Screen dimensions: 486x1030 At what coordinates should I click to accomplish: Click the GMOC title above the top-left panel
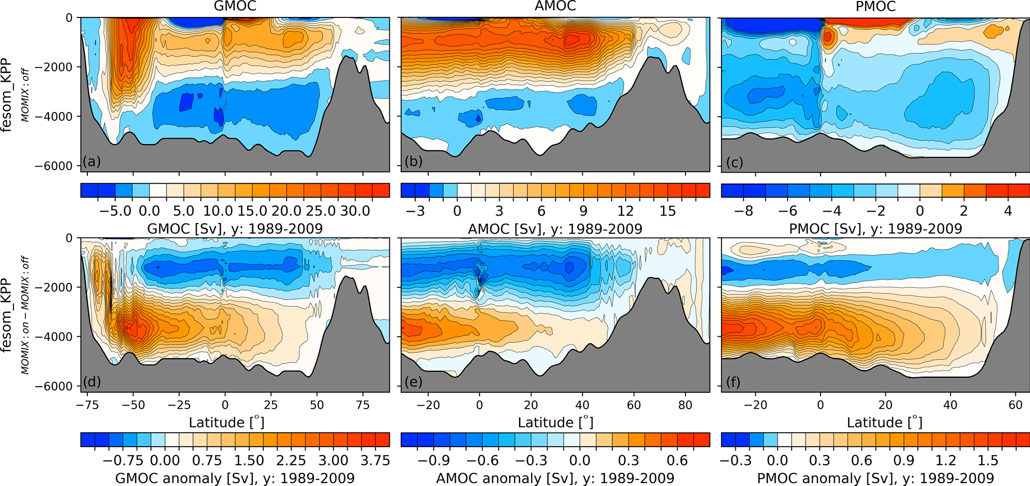click(235, 6)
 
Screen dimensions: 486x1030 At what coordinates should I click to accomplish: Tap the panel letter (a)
click(92, 161)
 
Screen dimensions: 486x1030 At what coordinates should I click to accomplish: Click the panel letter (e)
click(413, 382)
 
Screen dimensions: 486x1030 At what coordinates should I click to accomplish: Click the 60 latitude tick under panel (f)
click(1016, 405)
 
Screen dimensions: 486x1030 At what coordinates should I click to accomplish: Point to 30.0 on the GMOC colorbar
click(355, 211)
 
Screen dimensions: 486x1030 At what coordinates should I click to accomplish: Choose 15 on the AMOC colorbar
click(668, 211)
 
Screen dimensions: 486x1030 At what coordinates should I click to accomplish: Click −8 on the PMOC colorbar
click(743, 211)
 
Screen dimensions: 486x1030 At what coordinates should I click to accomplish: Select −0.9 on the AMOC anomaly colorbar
click(436, 460)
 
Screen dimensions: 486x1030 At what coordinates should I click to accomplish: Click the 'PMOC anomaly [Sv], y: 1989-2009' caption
click(875, 478)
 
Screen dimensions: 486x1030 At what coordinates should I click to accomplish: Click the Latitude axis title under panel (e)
click(555, 423)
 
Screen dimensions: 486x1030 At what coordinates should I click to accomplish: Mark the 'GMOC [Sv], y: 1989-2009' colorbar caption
click(235, 229)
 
